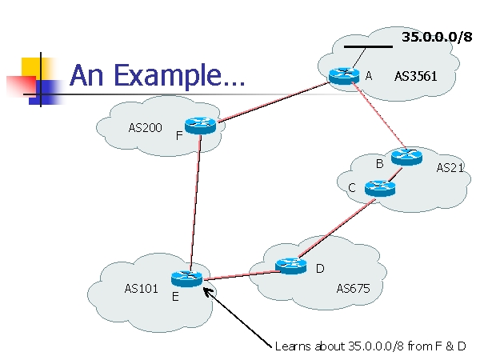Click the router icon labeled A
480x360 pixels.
tap(345, 75)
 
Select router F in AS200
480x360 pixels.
tap(200, 125)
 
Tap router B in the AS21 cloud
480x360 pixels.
tap(406, 157)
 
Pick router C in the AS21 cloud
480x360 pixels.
tap(379, 188)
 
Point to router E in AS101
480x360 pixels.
tap(188, 278)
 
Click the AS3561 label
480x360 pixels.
tap(414, 77)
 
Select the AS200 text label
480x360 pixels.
tap(144, 127)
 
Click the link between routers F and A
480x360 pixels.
tap(272, 101)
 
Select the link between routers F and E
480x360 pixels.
tap(194, 200)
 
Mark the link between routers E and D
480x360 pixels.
tap(238, 272)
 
